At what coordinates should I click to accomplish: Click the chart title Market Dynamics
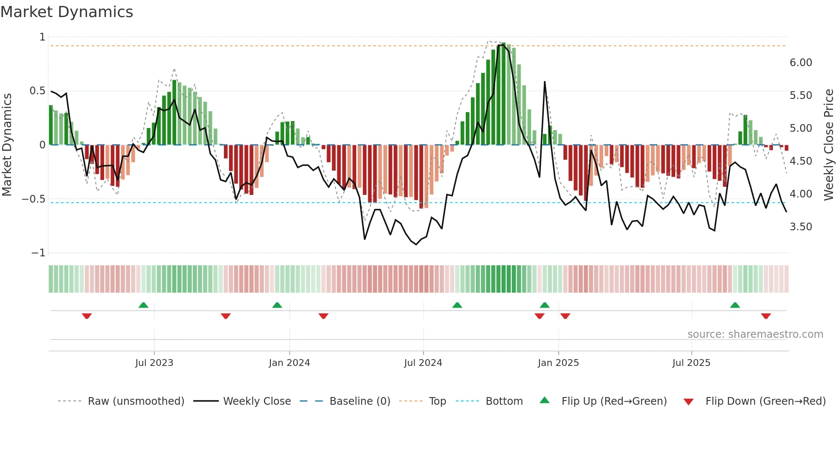67,12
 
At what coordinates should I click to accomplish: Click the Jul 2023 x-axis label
154,363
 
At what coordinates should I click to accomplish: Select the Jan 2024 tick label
289,363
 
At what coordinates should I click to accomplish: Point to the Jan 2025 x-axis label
558,363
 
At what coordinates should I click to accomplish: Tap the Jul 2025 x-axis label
691,363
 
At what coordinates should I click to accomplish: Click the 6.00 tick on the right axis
801,63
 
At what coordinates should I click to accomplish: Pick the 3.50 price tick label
801,227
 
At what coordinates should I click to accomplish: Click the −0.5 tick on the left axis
34,199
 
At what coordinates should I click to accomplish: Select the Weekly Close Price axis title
828,145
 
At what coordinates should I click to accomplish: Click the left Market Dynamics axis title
7,145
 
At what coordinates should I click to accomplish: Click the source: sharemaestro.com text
755,334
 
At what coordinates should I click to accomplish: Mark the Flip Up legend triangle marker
545,400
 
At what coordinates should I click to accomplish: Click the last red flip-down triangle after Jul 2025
766,316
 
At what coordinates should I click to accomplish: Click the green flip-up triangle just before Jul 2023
143,305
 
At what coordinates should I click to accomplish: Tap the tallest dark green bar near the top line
503,94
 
